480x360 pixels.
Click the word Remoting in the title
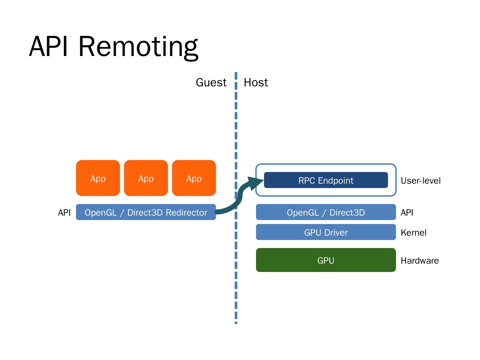click(x=138, y=47)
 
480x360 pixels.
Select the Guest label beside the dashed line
click(x=211, y=82)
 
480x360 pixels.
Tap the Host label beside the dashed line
click(x=256, y=82)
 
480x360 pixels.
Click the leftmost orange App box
click(x=98, y=178)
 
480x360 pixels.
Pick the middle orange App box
click(x=146, y=178)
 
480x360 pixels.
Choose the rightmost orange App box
click(x=194, y=178)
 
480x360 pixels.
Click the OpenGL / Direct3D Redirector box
click(x=146, y=212)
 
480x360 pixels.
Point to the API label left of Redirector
click(x=64, y=213)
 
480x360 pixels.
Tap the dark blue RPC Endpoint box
click(x=326, y=180)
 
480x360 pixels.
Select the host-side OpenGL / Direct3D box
click(x=326, y=212)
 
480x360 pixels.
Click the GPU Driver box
click(x=326, y=232)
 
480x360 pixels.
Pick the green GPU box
click(x=326, y=260)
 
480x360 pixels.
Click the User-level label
click(x=420, y=181)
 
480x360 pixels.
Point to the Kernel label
click(x=413, y=233)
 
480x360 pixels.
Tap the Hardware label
click(x=419, y=261)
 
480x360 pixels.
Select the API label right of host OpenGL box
click(x=407, y=213)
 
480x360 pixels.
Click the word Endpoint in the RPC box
click(x=335, y=181)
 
